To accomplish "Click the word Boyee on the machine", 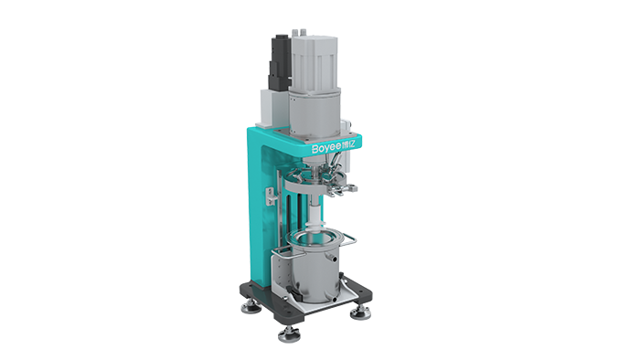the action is (326, 148).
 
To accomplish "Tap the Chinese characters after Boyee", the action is (348, 144).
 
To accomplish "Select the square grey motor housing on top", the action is (314, 63).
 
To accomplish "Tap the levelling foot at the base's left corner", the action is (251, 307).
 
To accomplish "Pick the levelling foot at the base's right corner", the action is (360, 312).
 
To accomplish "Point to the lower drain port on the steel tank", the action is (335, 300).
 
